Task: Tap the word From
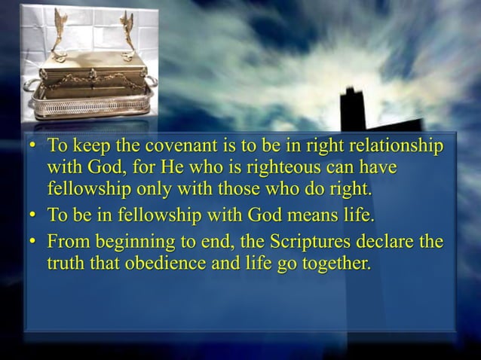coord(66,243)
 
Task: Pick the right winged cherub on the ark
coord(127,30)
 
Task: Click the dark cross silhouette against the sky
coord(353,113)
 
